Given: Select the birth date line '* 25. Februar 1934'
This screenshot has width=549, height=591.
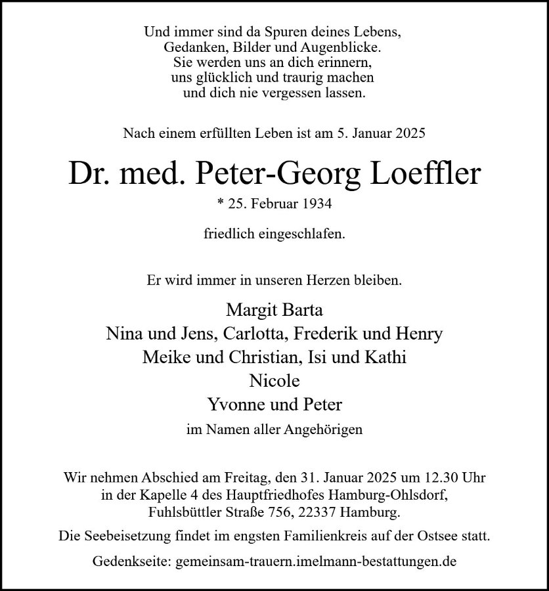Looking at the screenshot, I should click(x=274, y=204).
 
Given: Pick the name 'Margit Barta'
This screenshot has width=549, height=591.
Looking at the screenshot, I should click(x=274, y=309).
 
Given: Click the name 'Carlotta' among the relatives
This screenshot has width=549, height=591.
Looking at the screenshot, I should click(x=256, y=334).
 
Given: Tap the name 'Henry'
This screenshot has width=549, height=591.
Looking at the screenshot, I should click(x=420, y=334).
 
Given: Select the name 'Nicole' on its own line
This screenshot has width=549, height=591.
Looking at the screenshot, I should click(x=274, y=381).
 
